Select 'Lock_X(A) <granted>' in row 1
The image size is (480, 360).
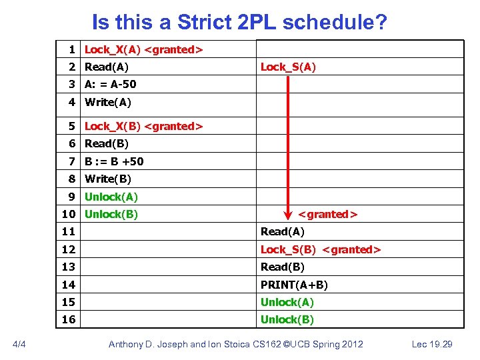[143, 49]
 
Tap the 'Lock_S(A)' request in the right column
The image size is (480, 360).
[288, 67]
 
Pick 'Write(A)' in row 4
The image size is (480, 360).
[108, 102]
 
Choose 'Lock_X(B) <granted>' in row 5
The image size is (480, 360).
[143, 126]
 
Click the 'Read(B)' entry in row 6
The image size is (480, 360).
[107, 143]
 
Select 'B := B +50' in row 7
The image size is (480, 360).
[114, 161]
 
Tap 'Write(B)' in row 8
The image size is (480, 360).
[108, 179]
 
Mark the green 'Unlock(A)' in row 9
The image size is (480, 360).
[111, 197]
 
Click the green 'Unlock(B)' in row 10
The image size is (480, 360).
[111, 214]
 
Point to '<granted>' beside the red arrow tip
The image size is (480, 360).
[327, 214]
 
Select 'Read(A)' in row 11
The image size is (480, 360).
[282, 231]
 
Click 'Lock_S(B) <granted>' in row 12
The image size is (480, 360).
[320, 249]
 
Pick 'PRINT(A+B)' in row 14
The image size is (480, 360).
[294, 285]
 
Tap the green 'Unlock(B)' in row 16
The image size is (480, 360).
[287, 319]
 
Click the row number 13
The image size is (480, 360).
[69, 267]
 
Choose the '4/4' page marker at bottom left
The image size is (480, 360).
[19, 344]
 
